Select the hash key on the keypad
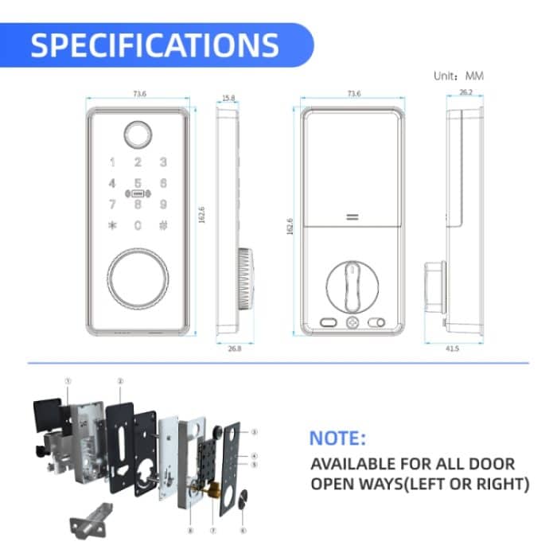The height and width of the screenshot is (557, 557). pos(162,225)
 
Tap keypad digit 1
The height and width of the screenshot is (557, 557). pos(112,163)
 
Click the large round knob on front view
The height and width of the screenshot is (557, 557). pos(138,278)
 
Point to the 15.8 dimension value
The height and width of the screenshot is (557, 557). pos(228,98)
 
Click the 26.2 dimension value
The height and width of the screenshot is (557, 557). pos(466,92)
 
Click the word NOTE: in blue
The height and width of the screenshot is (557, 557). pos(337,438)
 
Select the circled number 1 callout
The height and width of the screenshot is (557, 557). pos(68,381)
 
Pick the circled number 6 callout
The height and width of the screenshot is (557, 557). pos(243,529)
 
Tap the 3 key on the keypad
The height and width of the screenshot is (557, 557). pos(162,163)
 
